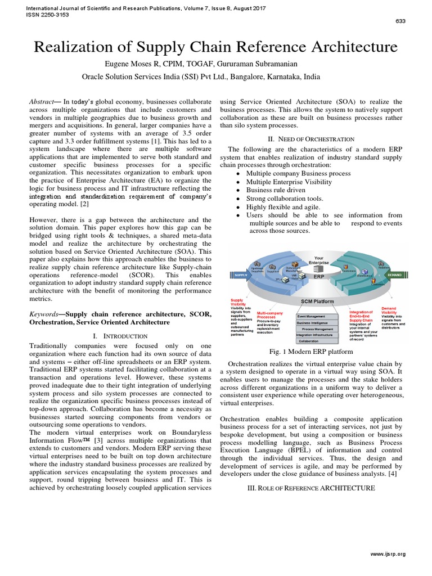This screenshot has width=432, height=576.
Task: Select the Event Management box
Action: pyautogui.click(x=316, y=316)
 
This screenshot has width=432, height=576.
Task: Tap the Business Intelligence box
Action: pyautogui.click(x=316, y=323)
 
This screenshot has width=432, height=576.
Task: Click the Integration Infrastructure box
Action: pyautogui.click(x=316, y=335)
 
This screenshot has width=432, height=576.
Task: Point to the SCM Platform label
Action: pyautogui.click(x=318, y=301)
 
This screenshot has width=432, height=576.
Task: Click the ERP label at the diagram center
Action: pyautogui.click(x=319, y=277)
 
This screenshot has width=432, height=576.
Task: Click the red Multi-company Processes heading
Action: pyautogui.click(x=269, y=314)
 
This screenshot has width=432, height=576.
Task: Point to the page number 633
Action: pyautogui.click(x=400, y=21)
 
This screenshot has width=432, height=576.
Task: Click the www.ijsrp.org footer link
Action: pyautogui.click(x=388, y=554)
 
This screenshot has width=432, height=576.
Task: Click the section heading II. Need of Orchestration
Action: pyautogui.click(x=312, y=138)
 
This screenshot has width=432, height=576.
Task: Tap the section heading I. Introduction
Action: pyautogui.click(x=120, y=336)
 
